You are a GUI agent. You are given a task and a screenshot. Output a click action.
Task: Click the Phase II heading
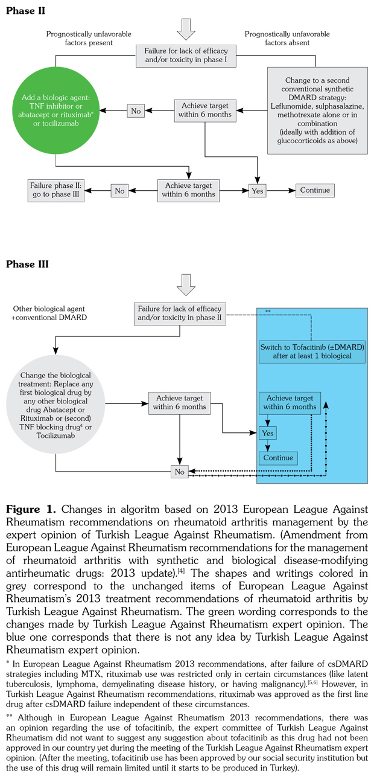tap(25, 11)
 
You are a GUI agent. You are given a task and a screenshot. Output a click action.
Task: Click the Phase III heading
tap(27, 264)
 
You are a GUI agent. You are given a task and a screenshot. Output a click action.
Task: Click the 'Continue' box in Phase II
tap(315, 190)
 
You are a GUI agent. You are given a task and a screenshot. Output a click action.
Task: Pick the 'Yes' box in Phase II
tap(258, 190)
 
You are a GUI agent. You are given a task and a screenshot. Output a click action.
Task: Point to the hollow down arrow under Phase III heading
tap(186, 284)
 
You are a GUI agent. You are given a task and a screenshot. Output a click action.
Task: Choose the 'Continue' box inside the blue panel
tap(277, 458)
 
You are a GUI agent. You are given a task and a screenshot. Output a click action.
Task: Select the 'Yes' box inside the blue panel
tap(267, 433)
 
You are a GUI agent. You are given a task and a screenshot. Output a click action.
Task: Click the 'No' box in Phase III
tap(179, 471)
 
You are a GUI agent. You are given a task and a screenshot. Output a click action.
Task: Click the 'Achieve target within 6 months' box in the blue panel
tap(290, 403)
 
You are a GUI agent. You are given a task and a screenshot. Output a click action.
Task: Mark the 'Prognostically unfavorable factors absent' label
tap(287, 39)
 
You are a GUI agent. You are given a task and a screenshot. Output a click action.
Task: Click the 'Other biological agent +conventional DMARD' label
tap(49, 312)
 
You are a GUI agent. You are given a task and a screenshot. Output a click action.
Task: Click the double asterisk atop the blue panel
tap(268, 311)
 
